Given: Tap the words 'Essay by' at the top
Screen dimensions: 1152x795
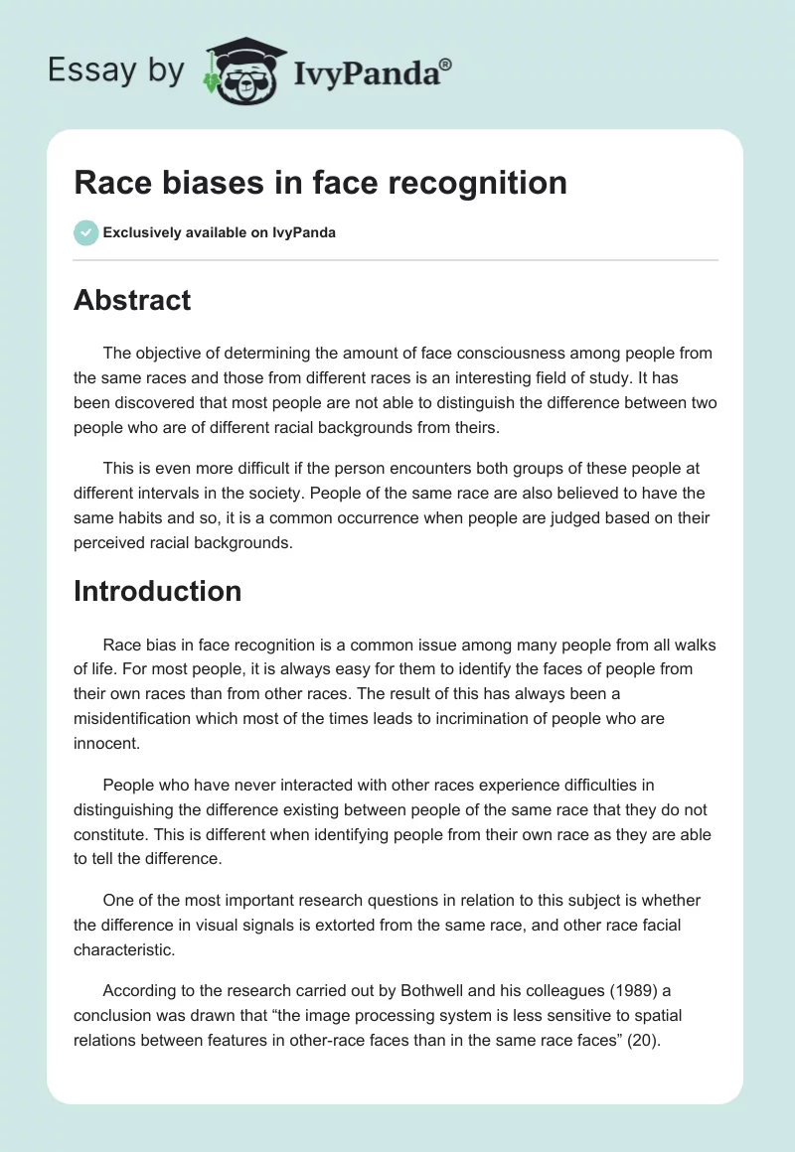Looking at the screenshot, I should (x=117, y=70).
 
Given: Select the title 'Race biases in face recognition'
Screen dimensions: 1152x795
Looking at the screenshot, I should (x=320, y=183).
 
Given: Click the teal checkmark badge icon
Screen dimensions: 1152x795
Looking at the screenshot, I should (x=86, y=232).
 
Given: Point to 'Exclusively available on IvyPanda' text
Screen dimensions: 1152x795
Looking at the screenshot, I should (x=219, y=232).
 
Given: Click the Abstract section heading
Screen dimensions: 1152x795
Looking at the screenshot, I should (x=132, y=300).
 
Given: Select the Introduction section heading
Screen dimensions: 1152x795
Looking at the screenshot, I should (x=157, y=591).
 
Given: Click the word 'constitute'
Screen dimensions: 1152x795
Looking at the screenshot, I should (x=111, y=834).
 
